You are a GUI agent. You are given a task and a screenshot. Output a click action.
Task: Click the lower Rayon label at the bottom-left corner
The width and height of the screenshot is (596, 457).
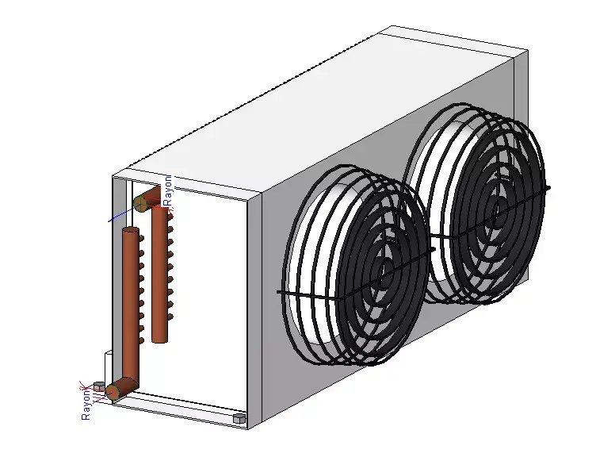86,404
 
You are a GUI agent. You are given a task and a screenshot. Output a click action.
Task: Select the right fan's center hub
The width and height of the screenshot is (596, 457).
499,210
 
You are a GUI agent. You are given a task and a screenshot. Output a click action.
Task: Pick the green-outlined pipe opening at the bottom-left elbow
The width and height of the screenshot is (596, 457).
113,390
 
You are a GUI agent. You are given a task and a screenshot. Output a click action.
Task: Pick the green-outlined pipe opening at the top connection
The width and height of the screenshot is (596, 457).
141,204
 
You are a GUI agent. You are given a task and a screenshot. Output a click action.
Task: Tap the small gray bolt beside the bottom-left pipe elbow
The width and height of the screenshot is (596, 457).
99,386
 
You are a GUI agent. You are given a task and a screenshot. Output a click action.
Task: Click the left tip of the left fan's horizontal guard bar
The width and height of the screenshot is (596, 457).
280,293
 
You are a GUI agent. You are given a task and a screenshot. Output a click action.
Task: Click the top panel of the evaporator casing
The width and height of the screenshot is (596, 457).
317,111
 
